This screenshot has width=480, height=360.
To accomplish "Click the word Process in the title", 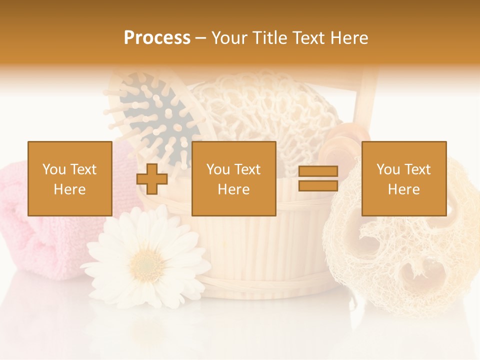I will pyautogui.click(x=157, y=37).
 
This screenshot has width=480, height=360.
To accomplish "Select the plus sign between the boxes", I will pyautogui.click(x=152, y=178).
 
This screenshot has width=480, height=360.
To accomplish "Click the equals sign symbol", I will pyautogui.click(x=318, y=178).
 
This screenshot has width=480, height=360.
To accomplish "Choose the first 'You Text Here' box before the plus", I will pyautogui.click(x=70, y=178).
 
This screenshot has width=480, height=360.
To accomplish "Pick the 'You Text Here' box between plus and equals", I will pyautogui.click(x=234, y=178).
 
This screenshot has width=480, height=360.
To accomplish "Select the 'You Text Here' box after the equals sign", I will pyautogui.click(x=404, y=178).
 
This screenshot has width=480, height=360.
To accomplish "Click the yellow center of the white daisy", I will pyautogui.click(x=146, y=260).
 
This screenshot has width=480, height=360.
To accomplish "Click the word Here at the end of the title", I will pyautogui.click(x=350, y=37).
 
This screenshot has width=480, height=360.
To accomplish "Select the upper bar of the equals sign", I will pyautogui.click(x=318, y=171).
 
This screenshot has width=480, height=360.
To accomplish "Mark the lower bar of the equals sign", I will pyautogui.click(x=318, y=185).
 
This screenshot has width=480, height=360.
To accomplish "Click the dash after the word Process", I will pyautogui.click(x=201, y=38).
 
